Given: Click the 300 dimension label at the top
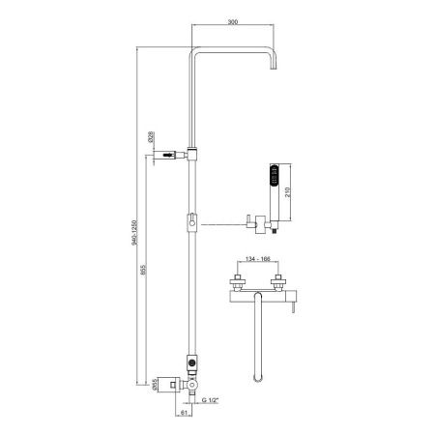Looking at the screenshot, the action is pyautogui.click(x=233, y=22).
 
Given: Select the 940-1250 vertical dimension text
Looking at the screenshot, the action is pyautogui.click(x=134, y=233).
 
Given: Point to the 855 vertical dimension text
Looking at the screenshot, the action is pyautogui.click(x=143, y=270).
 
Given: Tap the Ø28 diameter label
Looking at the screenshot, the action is pyautogui.click(x=151, y=137).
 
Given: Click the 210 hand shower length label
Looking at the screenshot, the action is pyautogui.click(x=288, y=192).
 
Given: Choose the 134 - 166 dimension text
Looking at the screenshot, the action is pyautogui.click(x=258, y=259).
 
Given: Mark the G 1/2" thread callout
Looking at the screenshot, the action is pyautogui.click(x=210, y=400).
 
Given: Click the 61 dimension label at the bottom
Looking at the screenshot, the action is pyautogui.click(x=184, y=412).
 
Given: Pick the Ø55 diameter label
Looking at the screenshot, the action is pyautogui.click(x=154, y=385).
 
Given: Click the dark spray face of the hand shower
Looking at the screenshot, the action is pyautogui.click(x=275, y=175).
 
